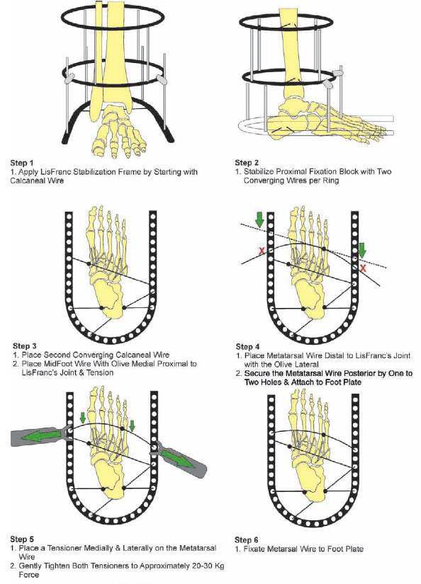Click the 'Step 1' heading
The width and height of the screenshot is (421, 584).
[x=22, y=163]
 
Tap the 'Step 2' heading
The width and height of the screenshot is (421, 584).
[x=247, y=162]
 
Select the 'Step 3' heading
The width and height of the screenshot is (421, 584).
[x=25, y=346]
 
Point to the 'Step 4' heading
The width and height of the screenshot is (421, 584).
[x=247, y=347]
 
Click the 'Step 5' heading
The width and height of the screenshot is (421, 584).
[x=22, y=539]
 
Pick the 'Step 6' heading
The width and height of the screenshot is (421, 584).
[x=246, y=539]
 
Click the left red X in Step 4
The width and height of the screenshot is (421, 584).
[x=262, y=251]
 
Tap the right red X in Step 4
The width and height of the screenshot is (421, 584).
[x=363, y=268]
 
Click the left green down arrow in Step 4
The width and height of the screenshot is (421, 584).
[x=259, y=219]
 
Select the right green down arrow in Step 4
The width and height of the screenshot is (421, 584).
[x=362, y=250]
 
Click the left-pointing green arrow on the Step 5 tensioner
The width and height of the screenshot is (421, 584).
[x=42, y=436]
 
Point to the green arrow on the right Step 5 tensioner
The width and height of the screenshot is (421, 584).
[x=176, y=456]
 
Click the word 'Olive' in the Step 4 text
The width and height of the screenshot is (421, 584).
[x=284, y=365]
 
